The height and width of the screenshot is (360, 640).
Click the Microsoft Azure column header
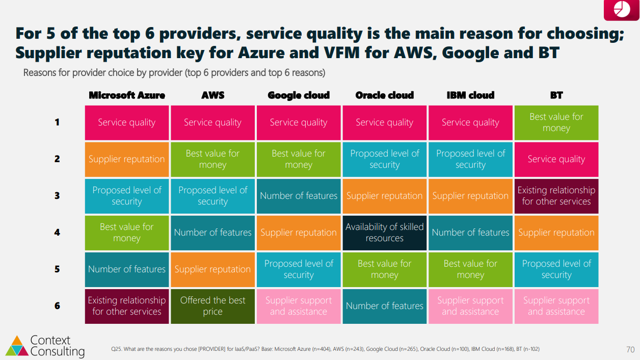point(127,95)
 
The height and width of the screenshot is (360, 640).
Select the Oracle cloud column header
point(384,95)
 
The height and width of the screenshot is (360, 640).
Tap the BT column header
point(556,95)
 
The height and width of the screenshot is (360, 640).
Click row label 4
point(57,232)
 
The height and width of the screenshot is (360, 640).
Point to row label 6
point(57,305)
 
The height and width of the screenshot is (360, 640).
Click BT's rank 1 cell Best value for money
point(556,122)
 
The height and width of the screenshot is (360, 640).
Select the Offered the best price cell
point(212,306)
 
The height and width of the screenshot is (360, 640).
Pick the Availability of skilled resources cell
point(385,233)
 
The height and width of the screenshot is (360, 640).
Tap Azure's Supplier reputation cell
point(127,159)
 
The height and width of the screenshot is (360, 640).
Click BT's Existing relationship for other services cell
point(556,196)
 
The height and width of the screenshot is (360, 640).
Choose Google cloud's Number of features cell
point(299,196)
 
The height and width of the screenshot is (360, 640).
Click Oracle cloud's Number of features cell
point(385,306)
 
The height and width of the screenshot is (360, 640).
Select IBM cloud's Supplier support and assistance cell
point(470,306)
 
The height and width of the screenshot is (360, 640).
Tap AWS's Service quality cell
point(212,122)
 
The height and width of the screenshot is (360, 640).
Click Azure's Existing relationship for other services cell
point(127,306)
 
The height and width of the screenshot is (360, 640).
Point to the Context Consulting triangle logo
point(17,346)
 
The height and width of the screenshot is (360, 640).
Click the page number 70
point(630,349)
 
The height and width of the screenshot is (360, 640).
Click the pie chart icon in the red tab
point(622,9)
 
